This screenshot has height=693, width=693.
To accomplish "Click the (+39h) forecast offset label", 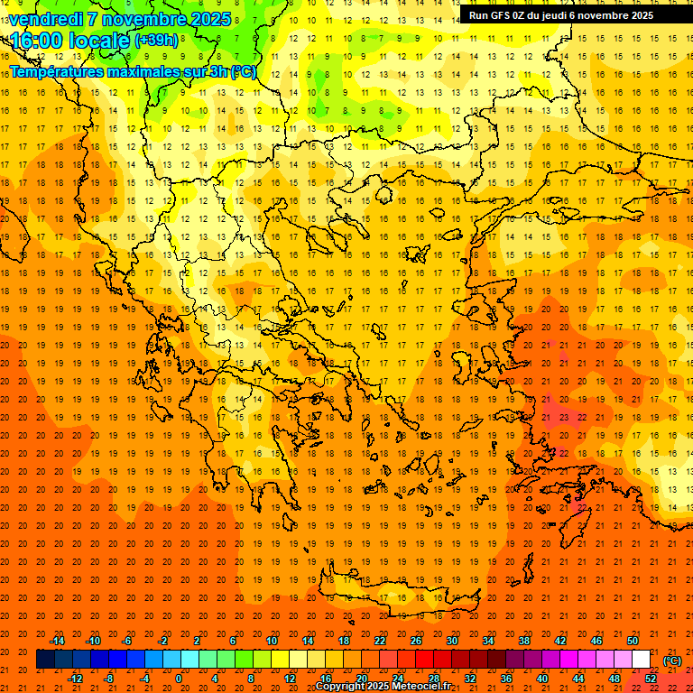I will [155, 41].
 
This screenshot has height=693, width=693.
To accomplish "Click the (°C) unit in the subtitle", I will [243, 71].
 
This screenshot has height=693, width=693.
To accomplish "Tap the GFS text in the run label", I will [504, 15].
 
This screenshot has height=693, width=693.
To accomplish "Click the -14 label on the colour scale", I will [57, 641].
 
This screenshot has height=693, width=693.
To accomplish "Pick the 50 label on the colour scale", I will [633, 641].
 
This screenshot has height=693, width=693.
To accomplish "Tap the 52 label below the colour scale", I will [651, 679].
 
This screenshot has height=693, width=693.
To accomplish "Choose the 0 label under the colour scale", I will [178, 679].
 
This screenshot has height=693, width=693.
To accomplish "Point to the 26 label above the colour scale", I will [416, 641].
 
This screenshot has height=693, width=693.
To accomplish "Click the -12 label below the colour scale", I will [75, 679].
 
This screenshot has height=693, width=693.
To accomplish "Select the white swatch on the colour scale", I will [642, 660].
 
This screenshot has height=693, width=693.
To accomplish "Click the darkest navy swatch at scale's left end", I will [45, 660].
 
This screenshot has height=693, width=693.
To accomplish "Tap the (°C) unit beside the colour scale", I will [671, 661].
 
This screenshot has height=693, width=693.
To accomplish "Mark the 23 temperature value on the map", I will [563, 418].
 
